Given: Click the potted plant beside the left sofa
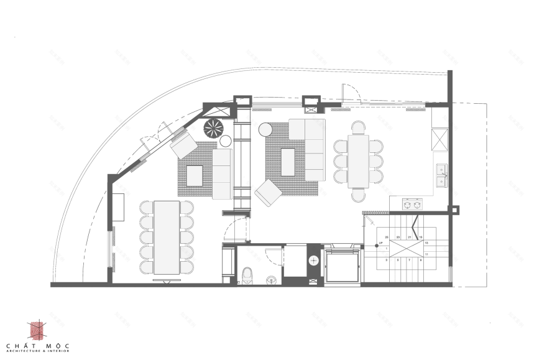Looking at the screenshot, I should (x=213, y=129).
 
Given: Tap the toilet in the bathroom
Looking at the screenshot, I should (x=247, y=274).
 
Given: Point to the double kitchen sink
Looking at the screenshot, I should (x=441, y=175).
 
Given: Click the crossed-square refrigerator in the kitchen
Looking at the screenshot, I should (x=440, y=139).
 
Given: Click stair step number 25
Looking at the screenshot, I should (x=387, y=238).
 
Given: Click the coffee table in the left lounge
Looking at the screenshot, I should (x=195, y=176).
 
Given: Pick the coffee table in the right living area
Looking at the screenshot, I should (x=288, y=162).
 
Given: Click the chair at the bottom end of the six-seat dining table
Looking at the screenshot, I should (x=359, y=195).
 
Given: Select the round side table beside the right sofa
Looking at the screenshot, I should (x=265, y=129).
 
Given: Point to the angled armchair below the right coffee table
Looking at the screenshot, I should (x=268, y=193).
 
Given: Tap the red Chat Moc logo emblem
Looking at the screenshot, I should (x=37, y=330).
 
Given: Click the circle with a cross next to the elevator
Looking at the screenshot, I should (x=314, y=261).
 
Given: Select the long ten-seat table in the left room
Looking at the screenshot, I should (x=166, y=237).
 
